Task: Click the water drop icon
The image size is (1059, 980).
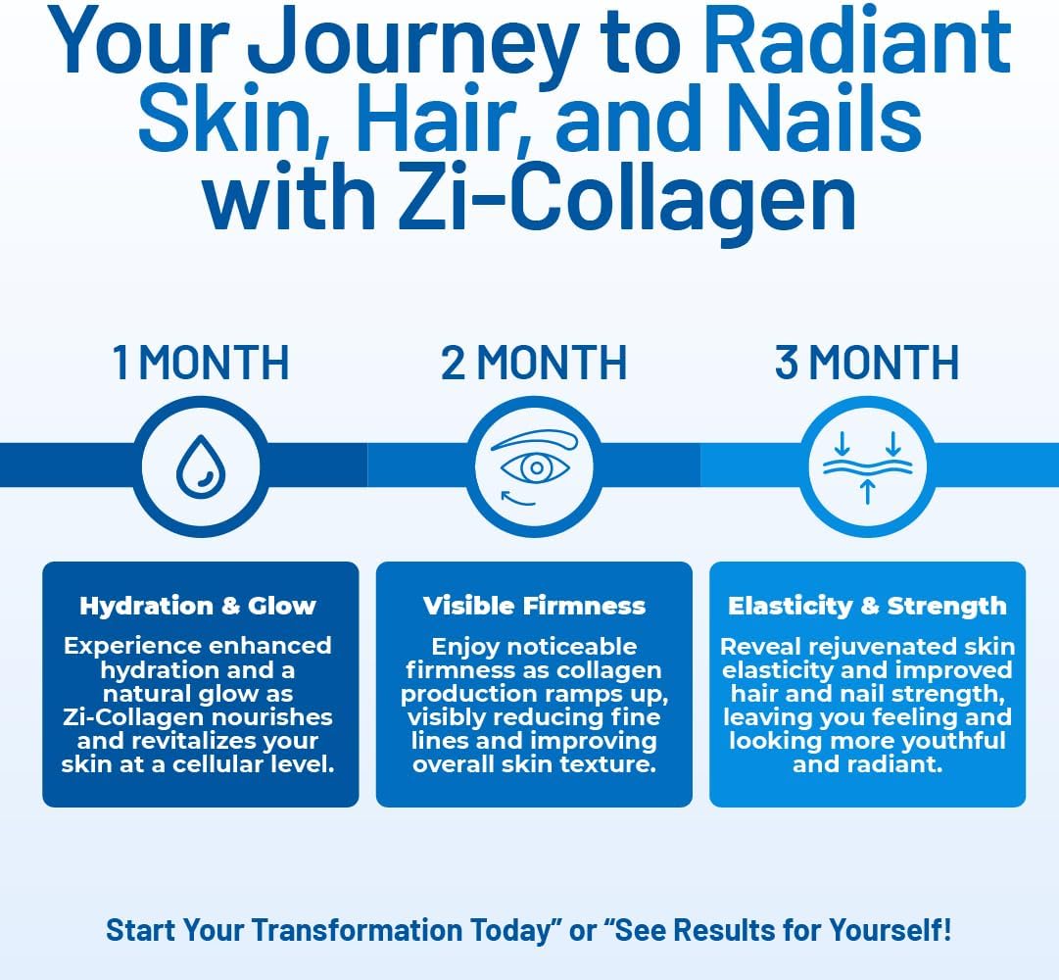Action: pyautogui.click(x=201, y=466)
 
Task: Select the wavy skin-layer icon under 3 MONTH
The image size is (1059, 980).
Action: pyautogui.click(x=868, y=467)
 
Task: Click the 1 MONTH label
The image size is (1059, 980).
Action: pyautogui.click(x=201, y=362)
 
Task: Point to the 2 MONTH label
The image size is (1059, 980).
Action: pyautogui.click(x=534, y=362)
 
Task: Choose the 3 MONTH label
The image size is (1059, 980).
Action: pyautogui.click(x=867, y=362)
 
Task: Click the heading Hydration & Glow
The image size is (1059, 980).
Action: pyautogui.click(x=198, y=606)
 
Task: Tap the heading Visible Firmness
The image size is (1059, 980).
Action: pyautogui.click(x=534, y=606)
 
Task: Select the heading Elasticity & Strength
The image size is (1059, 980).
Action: pyautogui.click(x=867, y=606)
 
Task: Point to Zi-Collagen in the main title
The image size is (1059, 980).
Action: pyautogui.click(x=627, y=197)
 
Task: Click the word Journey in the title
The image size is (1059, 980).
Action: pyautogui.click(x=412, y=45)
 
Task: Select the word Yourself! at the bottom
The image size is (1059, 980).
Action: pyautogui.click(x=891, y=930)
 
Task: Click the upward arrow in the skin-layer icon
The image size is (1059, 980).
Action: pyautogui.click(x=868, y=492)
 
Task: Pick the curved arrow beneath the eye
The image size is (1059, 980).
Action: pyautogui.click(x=517, y=499)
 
